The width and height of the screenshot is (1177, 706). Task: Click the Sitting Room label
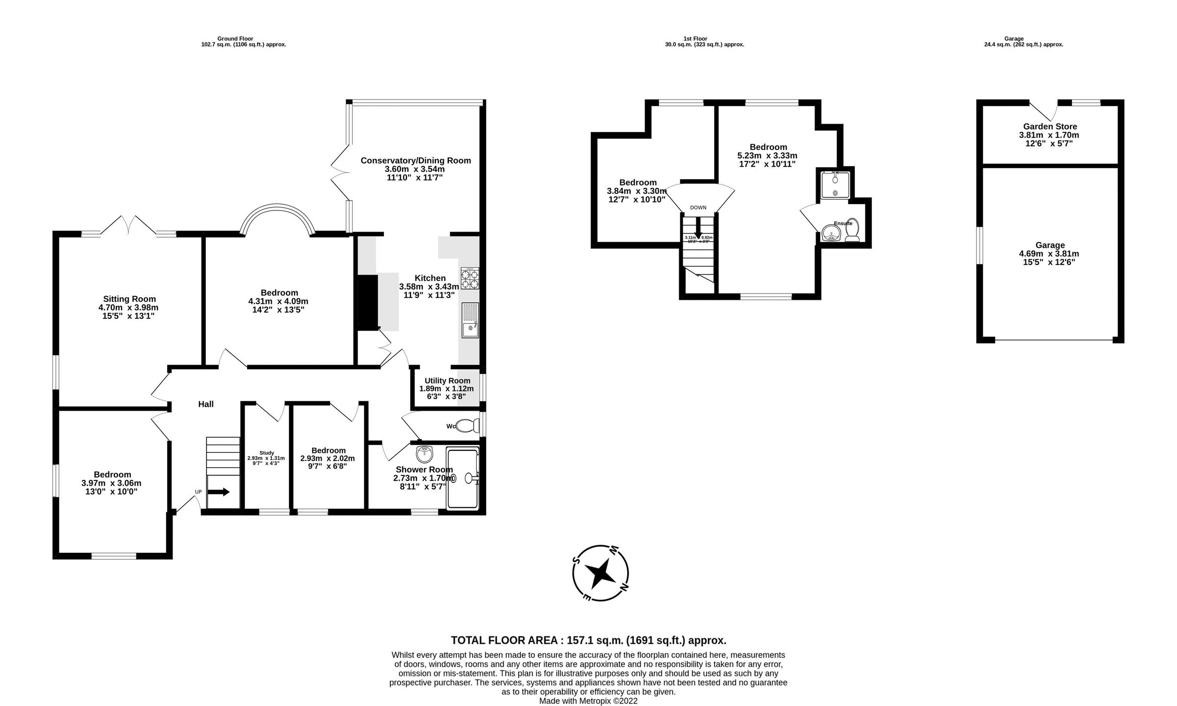[x=129, y=299]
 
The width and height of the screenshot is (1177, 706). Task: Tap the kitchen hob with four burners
[x=469, y=279]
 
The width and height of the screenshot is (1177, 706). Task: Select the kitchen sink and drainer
[x=470, y=320]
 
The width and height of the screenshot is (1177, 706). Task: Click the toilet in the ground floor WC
[x=467, y=425]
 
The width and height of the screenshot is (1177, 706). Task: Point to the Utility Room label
[x=447, y=381]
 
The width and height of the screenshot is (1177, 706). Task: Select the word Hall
[x=205, y=404]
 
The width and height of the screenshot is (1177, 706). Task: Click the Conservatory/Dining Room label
[x=415, y=160]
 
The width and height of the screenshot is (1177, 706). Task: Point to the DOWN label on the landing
[x=698, y=208]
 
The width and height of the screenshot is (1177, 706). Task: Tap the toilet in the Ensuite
[x=852, y=231]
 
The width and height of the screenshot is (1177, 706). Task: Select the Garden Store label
[x=1049, y=127]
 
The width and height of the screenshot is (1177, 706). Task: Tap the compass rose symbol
[x=600, y=573]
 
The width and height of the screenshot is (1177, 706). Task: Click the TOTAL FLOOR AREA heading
[x=588, y=640]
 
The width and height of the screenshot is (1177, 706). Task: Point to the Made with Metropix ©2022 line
[x=588, y=701]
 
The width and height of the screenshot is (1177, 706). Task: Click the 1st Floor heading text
[x=695, y=39]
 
